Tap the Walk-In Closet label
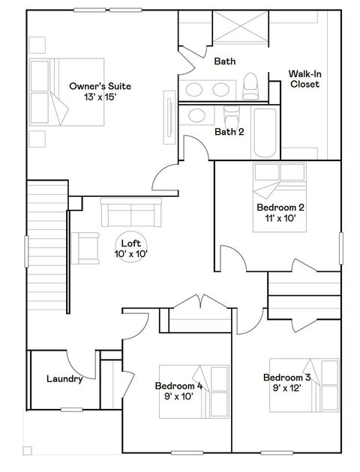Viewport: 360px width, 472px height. [x=304, y=79]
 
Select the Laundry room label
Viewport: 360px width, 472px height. [x=64, y=379]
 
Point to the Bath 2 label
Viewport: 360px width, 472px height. [x=229, y=132]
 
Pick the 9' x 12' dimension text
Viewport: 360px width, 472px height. [x=286, y=389]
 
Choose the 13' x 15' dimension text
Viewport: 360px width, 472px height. [x=94, y=98]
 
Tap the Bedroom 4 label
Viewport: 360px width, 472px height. [x=178, y=387]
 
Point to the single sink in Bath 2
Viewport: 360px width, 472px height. [x=199, y=115]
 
